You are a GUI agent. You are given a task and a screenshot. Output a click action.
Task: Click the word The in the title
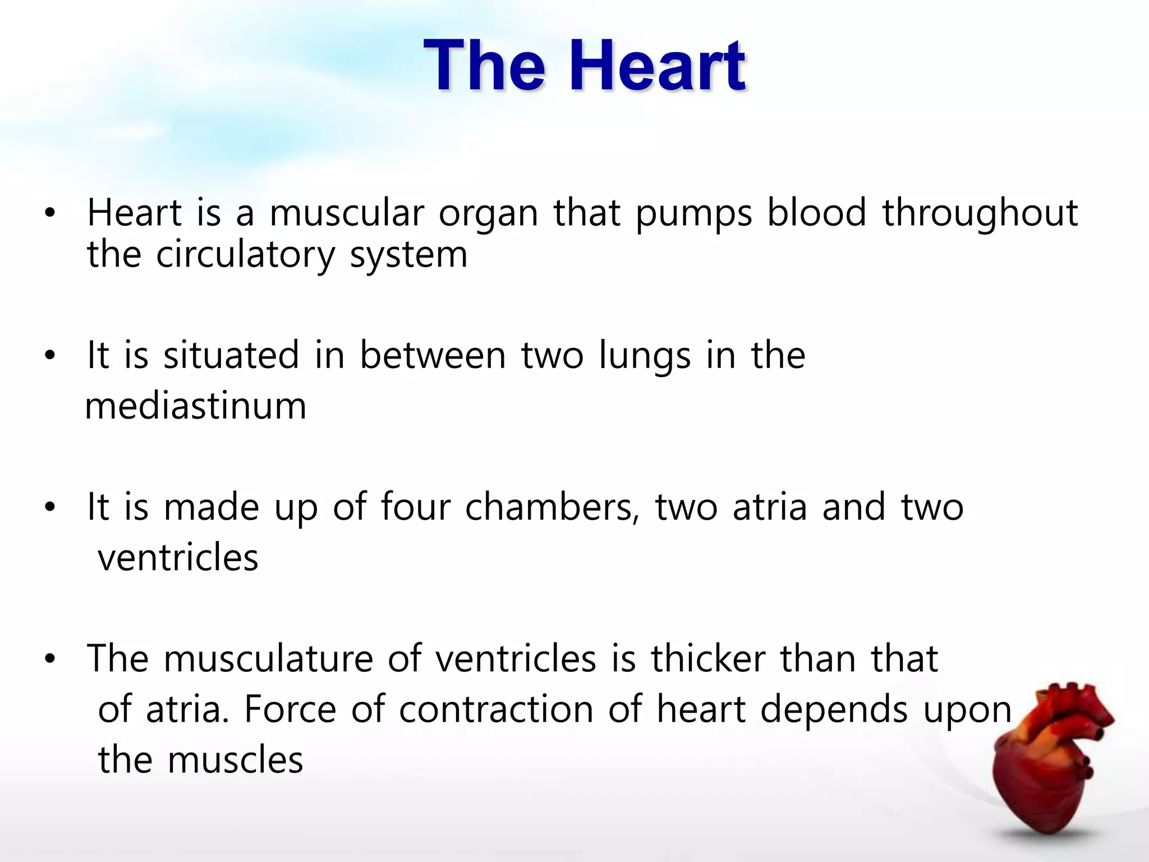tap(484, 66)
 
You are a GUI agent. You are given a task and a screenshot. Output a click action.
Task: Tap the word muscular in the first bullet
tap(347, 214)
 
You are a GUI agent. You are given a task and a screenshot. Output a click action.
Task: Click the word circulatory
tap(245, 256)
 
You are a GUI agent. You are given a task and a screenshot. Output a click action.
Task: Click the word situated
tap(231, 356)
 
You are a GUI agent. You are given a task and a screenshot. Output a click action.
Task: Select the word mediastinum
tap(196, 406)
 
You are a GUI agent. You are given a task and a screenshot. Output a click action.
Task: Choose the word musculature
tap(268, 659)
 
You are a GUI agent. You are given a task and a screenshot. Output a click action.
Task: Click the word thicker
tap(708, 659)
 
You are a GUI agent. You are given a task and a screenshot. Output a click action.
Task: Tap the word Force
tap(290, 709)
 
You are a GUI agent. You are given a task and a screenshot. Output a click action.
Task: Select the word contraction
tap(496, 709)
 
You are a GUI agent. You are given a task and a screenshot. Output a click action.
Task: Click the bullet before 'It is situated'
tap(50, 356)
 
